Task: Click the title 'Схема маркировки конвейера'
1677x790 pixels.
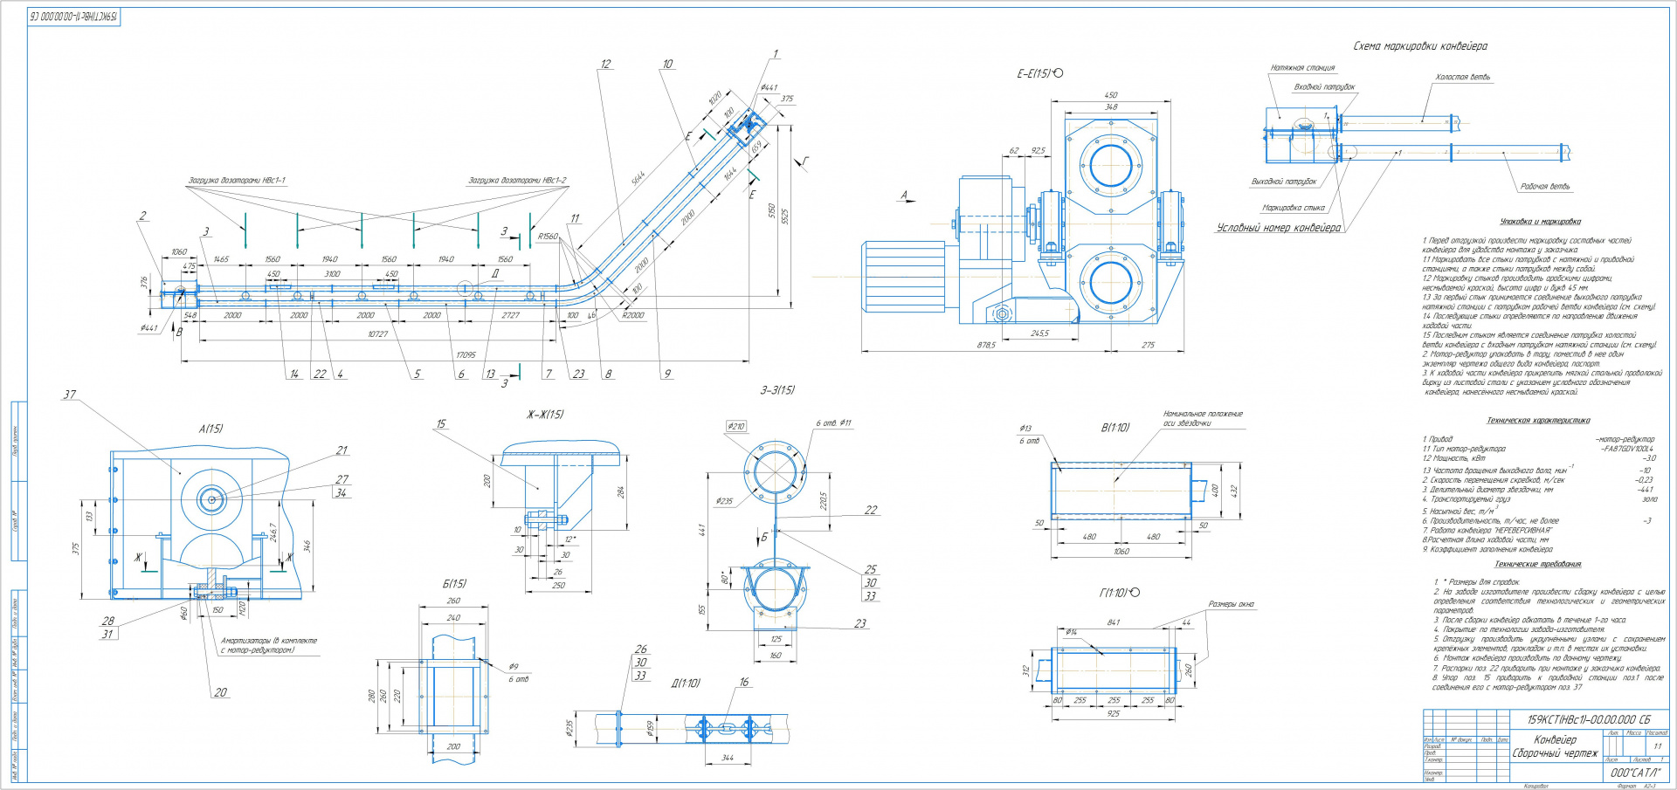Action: pos(1419,46)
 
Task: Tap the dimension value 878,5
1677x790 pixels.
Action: pos(986,346)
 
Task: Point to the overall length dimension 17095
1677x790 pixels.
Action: pos(466,355)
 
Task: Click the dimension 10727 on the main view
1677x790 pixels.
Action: pos(377,334)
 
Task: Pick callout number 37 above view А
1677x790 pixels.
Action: pos(70,395)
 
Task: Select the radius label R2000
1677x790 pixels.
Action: pos(632,315)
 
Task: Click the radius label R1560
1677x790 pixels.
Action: pos(548,237)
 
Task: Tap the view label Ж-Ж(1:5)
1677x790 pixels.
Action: pos(544,415)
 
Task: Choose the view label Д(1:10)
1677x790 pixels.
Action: pos(685,684)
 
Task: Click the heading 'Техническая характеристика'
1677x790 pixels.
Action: pos(1538,421)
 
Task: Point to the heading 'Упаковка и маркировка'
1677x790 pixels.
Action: pos(1540,222)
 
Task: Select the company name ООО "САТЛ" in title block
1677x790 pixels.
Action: pos(1634,773)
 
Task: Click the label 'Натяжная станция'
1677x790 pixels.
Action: pos(1302,68)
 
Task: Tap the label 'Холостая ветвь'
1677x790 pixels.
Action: pos(1462,78)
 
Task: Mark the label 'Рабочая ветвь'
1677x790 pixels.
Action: pos(1544,187)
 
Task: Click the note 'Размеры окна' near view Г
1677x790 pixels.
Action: pos(1231,604)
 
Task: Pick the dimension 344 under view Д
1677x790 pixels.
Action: pos(728,759)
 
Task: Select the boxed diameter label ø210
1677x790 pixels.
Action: pos(736,427)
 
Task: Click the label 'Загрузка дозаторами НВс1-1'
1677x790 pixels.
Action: pos(237,181)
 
